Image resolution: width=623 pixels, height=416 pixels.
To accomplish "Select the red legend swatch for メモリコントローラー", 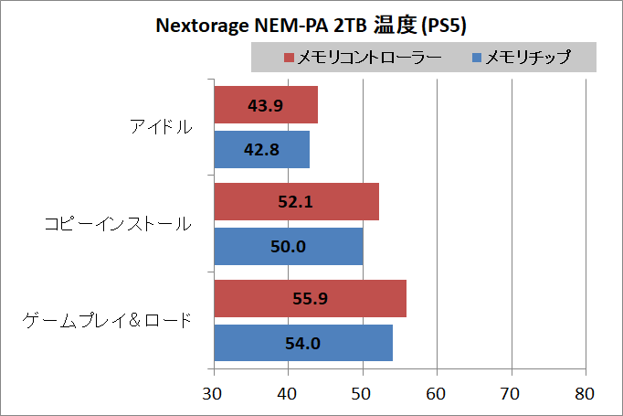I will [290, 59].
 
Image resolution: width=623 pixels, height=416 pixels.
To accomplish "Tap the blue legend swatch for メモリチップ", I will [475, 59].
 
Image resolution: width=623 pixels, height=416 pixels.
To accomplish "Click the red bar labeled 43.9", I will [266, 105].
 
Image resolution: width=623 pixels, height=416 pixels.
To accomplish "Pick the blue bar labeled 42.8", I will [262, 149].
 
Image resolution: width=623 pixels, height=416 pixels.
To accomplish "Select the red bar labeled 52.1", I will [296, 202].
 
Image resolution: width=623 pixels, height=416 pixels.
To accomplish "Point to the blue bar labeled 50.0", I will [289, 246].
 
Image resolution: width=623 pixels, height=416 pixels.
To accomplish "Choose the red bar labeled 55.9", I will [311, 299].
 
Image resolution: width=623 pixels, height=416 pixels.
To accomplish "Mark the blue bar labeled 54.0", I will [303, 343].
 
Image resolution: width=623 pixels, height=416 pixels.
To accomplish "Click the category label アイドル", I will [161, 127].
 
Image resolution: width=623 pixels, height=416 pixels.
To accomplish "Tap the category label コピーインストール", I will [119, 224].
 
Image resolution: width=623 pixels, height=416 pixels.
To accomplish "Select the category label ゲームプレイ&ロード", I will [108, 321].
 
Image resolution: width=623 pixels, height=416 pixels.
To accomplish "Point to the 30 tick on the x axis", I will [215, 394].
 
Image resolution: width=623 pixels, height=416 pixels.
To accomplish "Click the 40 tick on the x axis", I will [289, 394].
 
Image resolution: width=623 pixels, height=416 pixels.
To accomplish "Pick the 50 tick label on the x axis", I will [364, 394].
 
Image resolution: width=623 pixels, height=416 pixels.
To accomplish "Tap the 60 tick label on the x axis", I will [438, 394].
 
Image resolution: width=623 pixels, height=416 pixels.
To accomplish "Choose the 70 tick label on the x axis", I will [512, 394].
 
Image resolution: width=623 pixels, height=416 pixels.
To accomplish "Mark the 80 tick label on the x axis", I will [586, 394].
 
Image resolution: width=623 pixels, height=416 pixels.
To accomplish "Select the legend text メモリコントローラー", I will [371, 59].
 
